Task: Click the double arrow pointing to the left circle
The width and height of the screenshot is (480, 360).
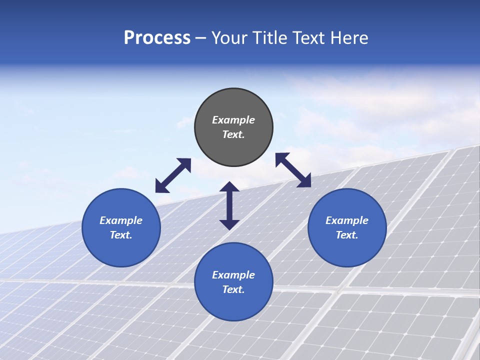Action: [173, 175]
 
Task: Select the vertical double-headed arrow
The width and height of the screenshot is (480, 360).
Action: [229, 205]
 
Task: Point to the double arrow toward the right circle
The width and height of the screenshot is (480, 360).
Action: [293, 170]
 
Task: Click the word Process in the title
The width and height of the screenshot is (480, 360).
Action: [157, 38]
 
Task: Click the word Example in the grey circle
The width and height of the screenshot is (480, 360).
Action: [233, 120]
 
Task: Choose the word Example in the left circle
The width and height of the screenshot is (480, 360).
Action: [121, 220]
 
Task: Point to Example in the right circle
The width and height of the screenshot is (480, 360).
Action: [347, 220]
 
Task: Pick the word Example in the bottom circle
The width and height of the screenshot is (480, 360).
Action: [233, 275]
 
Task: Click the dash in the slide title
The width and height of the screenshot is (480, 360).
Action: [201, 38]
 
